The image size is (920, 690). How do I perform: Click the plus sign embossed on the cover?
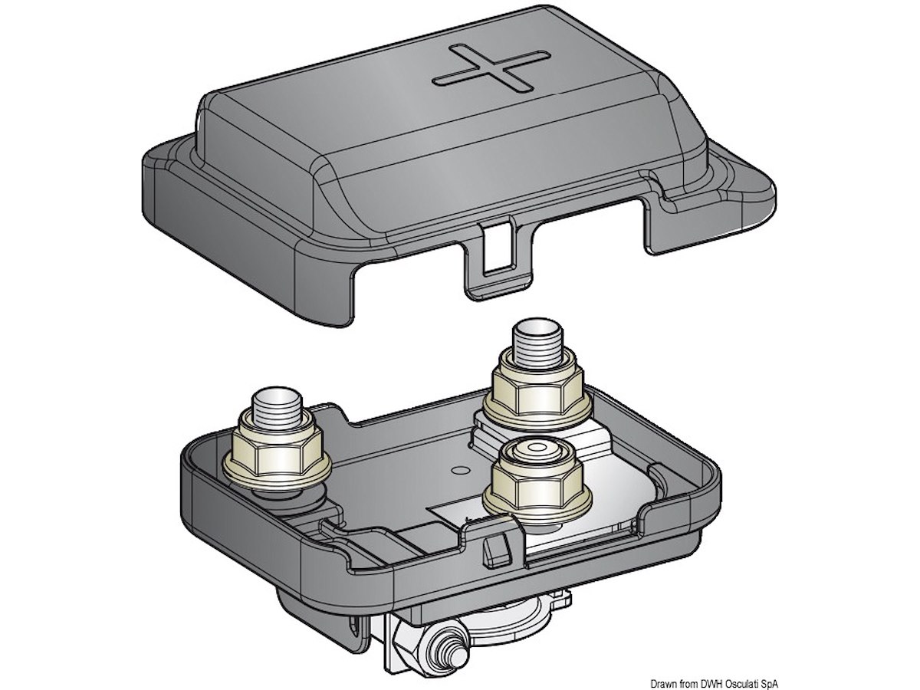(491, 67)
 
